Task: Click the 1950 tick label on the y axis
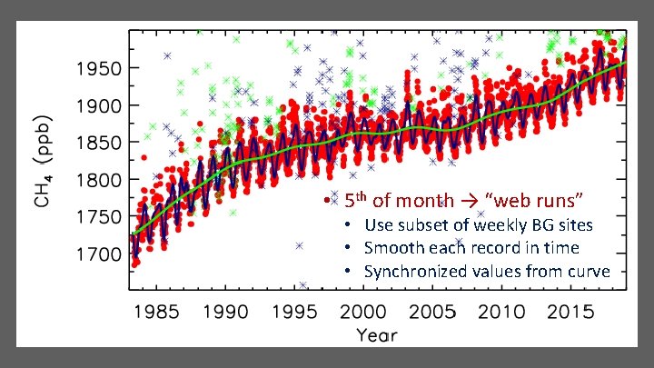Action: coord(98,68)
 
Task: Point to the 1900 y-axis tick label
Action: coord(98,105)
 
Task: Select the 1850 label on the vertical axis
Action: coord(98,143)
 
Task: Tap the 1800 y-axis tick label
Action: coord(98,180)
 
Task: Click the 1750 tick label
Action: coord(98,217)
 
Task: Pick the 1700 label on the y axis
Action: coord(98,254)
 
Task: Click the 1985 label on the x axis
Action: coord(156,312)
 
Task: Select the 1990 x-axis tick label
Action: coord(225,312)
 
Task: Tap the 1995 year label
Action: coord(294,312)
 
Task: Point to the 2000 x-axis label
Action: coord(363,312)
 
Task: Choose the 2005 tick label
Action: coord(432,312)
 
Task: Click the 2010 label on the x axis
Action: coord(501,312)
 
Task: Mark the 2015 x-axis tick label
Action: coord(570,312)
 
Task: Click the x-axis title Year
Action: coord(377,335)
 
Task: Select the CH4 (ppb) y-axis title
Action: coord(44,161)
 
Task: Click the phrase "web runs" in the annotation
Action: coord(534,201)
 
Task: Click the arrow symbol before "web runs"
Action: coord(470,201)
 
